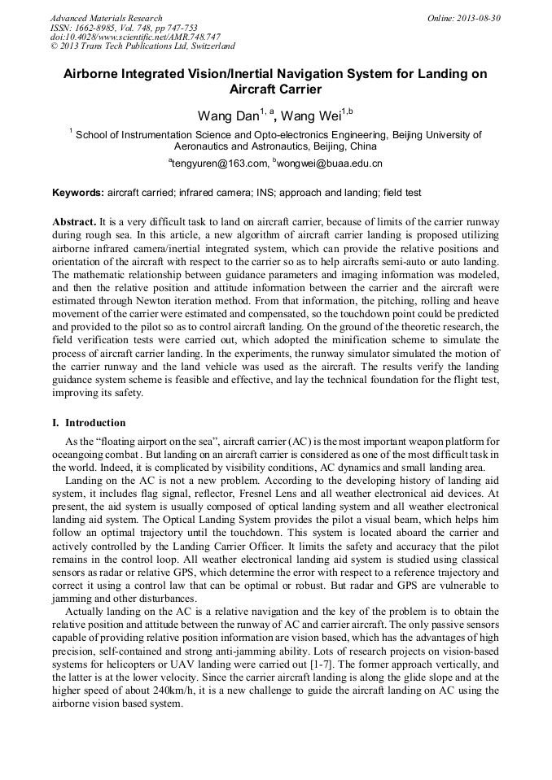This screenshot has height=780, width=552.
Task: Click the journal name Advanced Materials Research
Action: tap(106, 17)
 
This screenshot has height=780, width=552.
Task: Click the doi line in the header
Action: tap(135, 37)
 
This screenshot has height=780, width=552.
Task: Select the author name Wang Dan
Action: tap(227, 115)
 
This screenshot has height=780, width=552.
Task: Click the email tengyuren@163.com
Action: tap(220, 163)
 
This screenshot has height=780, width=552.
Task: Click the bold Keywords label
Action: tap(78, 193)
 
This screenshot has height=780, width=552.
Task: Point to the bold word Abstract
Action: tap(74, 222)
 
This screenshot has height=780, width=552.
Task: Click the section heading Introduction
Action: tap(95, 423)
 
